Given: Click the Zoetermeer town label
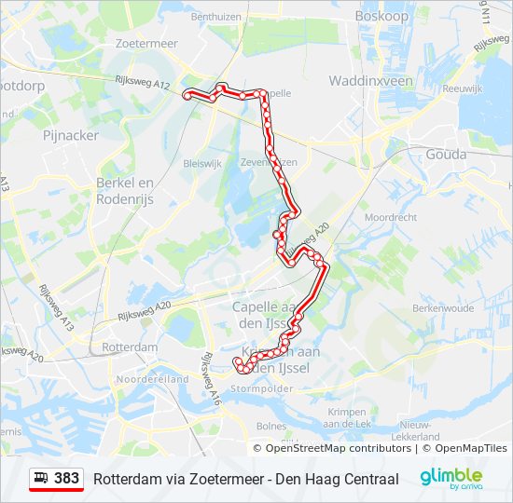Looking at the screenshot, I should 146,43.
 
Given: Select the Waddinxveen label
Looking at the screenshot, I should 370,81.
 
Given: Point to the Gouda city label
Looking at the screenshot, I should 445,154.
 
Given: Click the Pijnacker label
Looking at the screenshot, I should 71,135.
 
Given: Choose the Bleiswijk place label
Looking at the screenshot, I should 202,162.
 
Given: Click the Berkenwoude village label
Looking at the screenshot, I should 443,307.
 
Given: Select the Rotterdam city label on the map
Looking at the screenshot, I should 130,347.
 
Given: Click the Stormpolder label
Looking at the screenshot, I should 256,388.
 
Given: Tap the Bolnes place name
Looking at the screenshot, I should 270,426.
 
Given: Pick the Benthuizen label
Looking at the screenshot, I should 216,16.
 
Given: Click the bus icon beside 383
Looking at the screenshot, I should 42,478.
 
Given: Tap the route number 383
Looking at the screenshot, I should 67,478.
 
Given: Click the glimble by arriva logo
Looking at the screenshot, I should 451,478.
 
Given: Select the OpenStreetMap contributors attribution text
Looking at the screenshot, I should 339,448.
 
